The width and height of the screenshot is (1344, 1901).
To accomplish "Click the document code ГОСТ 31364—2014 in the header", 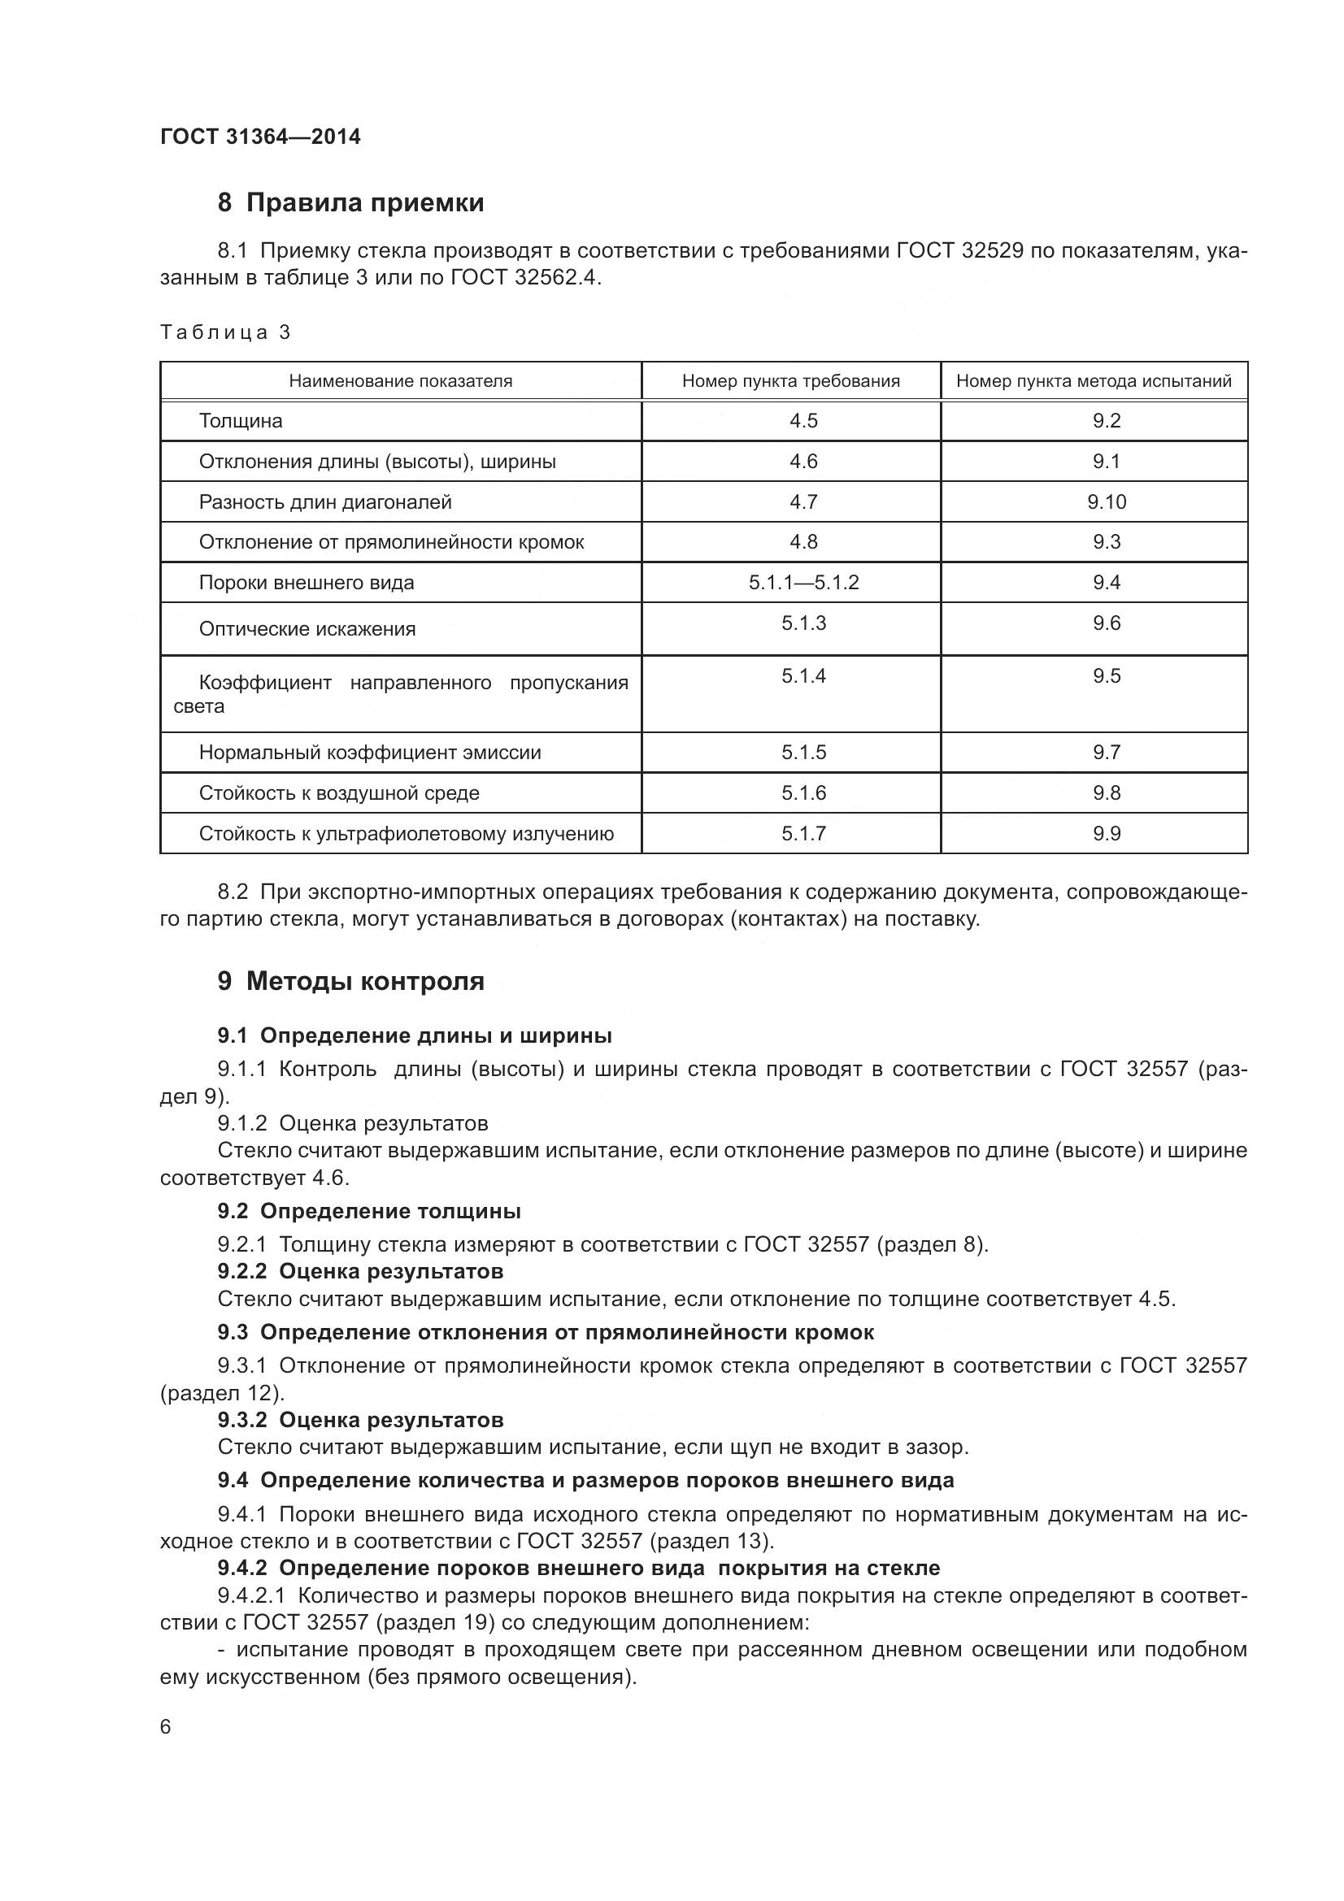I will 260,137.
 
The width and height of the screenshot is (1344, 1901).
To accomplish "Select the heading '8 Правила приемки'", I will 350,202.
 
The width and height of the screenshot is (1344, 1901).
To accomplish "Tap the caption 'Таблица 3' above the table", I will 225,333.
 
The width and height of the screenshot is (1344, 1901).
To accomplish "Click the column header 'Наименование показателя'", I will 400,381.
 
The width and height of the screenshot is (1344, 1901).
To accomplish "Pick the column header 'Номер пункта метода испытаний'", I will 1093,381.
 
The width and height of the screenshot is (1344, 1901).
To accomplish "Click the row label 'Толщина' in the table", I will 240,421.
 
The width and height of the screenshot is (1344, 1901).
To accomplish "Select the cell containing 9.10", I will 1107,501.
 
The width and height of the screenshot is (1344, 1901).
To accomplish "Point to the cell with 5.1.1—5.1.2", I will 803,583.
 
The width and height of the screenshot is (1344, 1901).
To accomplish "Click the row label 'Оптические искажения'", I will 307,629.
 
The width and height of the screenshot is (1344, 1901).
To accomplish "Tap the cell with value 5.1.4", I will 803,676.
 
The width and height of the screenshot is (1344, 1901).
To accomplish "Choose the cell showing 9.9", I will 1107,834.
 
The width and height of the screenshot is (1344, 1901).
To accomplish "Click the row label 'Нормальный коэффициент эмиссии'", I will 369,753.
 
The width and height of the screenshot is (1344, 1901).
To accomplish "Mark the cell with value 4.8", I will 803,541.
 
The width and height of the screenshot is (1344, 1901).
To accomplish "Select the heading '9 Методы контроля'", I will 350,981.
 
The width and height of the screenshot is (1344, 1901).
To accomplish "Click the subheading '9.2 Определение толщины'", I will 368,1211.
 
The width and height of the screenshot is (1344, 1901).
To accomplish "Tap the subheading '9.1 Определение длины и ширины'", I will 414,1035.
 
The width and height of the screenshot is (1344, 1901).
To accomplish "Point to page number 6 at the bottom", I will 166,1727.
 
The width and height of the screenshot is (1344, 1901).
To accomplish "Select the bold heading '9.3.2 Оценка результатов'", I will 360,1420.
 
